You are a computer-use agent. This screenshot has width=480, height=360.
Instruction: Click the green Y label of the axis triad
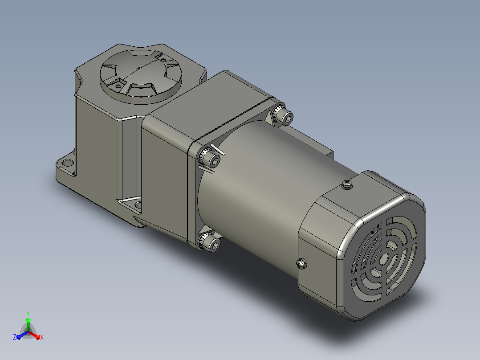pos(28,313)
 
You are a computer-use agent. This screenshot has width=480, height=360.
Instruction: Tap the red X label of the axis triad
pos(42,337)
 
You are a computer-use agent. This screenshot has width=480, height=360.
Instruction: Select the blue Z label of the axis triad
pos(14,337)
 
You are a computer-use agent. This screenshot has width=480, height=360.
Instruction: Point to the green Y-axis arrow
pos(28,325)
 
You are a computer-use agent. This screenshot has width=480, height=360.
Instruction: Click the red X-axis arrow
pos(34,335)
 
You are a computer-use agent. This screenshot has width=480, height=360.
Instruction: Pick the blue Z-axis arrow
pos(23,335)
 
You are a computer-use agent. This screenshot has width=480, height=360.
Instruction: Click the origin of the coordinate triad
pos(28,332)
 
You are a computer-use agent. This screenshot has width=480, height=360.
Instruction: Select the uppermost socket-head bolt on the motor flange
pos(283,115)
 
